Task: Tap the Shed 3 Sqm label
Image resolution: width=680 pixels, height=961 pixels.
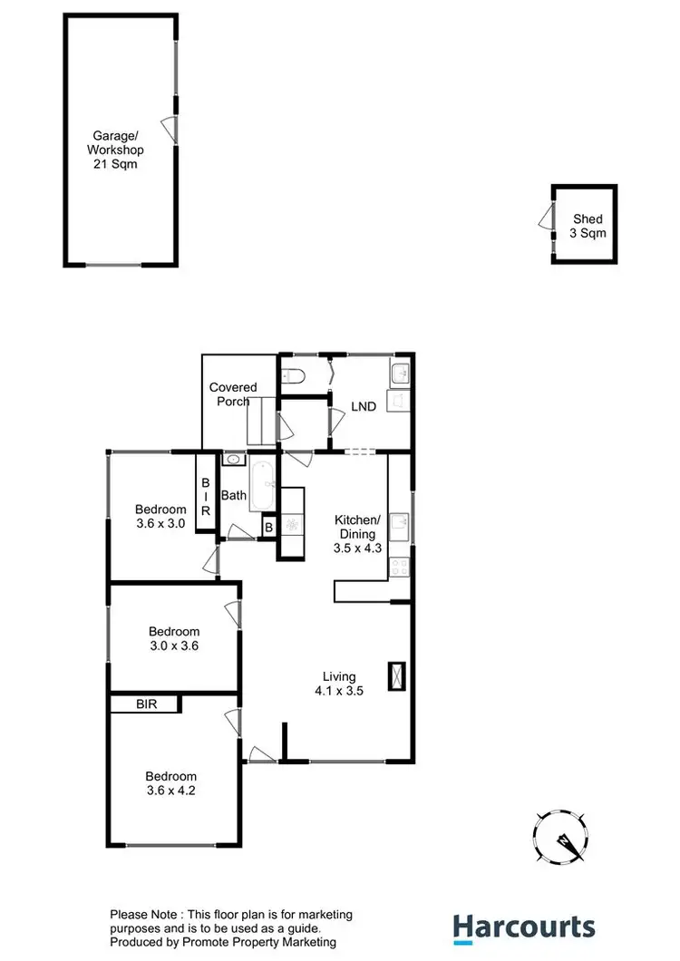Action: [x=587, y=226]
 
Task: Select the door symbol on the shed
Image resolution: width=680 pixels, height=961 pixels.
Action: [x=544, y=218]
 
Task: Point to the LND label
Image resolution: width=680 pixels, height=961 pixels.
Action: [x=364, y=407]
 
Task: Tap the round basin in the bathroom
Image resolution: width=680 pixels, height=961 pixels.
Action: [x=233, y=460]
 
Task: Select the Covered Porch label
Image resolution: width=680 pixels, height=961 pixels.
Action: [x=233, y=394]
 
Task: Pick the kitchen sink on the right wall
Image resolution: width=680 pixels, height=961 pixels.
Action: [x=399, y=523]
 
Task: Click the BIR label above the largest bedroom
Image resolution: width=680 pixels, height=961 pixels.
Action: [x=147, y=704]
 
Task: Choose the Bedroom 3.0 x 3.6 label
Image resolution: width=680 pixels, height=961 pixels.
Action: [x=174, y=639]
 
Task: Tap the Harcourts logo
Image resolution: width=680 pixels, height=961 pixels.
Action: [x=524, y=927]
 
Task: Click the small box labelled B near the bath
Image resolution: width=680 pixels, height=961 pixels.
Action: [x=268, y=527]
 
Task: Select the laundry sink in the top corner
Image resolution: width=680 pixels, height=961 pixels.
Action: [x=400, y=371]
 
